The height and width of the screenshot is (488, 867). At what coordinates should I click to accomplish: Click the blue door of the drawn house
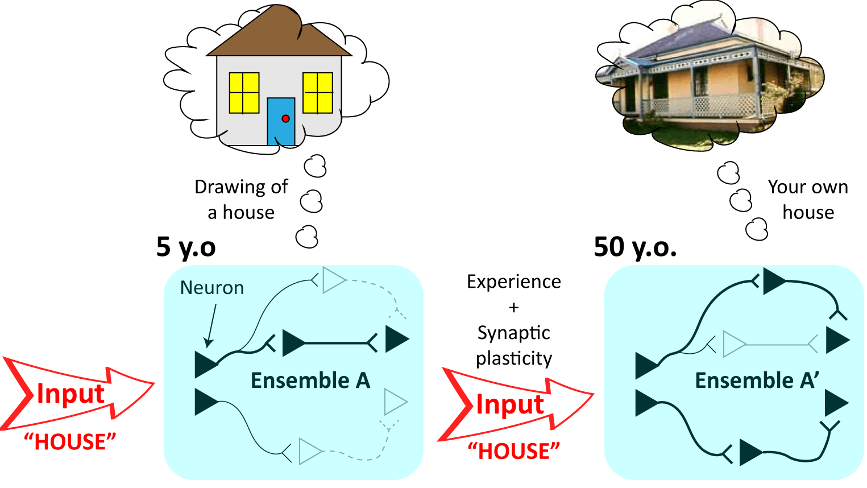(x=281, y=126)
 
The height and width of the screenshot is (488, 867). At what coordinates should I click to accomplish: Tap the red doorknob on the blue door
(x=285, y=119)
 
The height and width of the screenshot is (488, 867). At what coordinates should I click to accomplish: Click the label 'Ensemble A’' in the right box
(x=757, y=380)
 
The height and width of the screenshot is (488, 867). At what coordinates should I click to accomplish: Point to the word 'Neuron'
(x=211, y=288)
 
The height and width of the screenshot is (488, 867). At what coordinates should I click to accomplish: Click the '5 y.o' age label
(x=186, y=247)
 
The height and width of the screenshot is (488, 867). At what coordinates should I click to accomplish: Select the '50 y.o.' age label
(x=635, y=247)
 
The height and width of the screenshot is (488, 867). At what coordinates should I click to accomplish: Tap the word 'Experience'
(x=513, y=282)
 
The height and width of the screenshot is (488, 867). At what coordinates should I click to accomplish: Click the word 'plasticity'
(x=513, y=358)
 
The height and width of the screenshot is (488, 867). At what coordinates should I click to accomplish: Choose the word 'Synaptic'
(x=513, y=333)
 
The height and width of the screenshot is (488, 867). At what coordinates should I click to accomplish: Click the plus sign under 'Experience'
(x=513, y=307)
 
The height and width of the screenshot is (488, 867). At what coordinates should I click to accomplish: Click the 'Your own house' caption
(x=807, y=199)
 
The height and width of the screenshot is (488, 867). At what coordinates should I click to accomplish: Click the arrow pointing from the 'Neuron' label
(x=212, y=324)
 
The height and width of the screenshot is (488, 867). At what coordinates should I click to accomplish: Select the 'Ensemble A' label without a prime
(x=310, y=380)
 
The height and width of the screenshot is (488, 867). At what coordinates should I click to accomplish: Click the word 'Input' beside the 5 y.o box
(x=70, y=394)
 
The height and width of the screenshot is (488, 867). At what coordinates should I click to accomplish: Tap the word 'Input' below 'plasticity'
(x=509, y=404)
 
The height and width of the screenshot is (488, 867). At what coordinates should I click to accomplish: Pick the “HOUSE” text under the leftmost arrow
(x=70, y=441)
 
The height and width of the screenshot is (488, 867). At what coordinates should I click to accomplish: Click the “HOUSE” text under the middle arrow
(x=513, y=451)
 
